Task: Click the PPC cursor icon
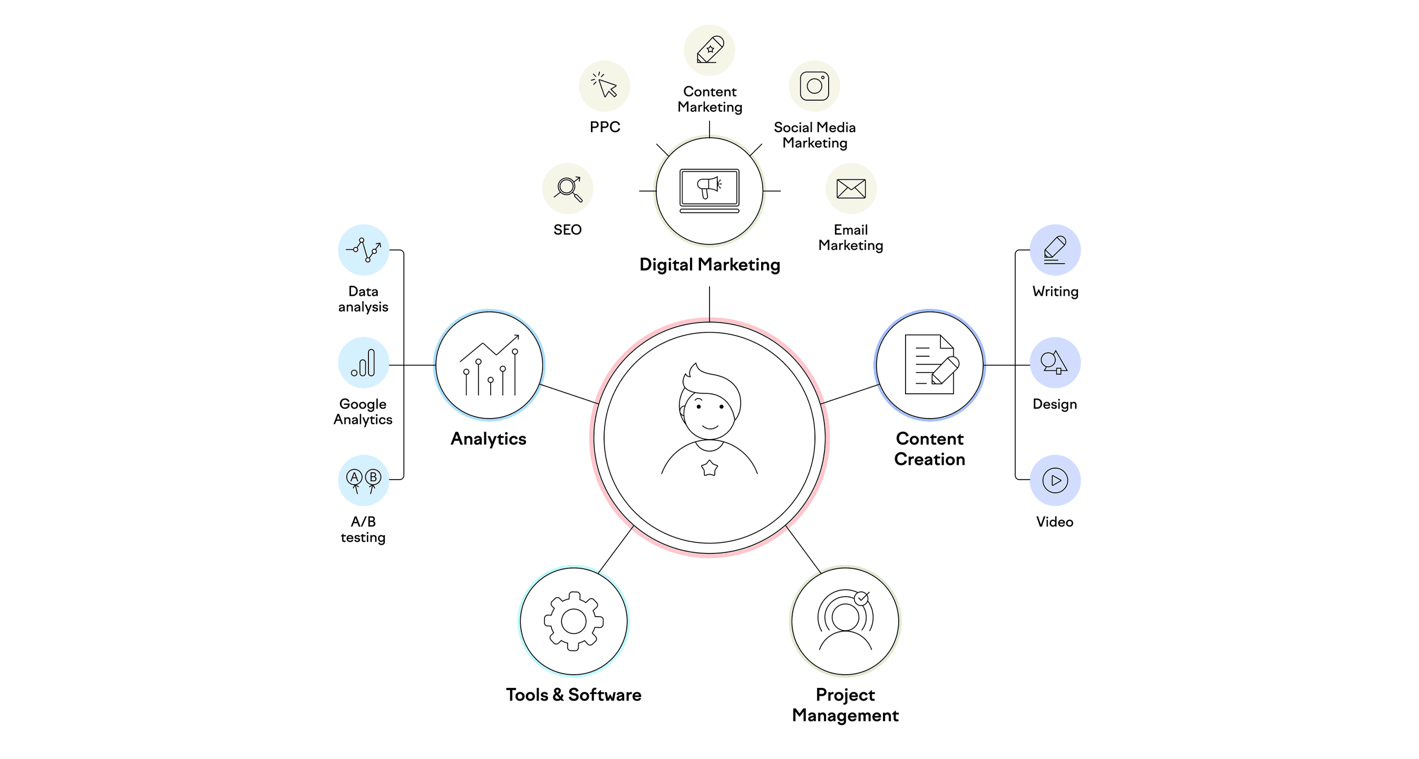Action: pyautogui.click(x=604, y=85)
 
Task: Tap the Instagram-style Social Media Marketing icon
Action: pyautogui.click(x=814, y=86)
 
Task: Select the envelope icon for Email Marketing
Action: pyautogui.click(x=851, y=188)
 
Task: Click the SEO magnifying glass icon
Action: pyautogui.click(x=568, y=188)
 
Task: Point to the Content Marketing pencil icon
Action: pyautogui.click(x=709, y=50)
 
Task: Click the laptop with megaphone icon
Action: pyautogui.click(x=709, y=191)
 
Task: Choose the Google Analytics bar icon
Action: pyautogui.click(x=364, y=363)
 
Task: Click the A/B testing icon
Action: pyautogui.click(x=364, y=480)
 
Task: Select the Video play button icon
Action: pyautogui.click(x=1055, y=480)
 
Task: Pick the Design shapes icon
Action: pyautogui.click(x=1054, y=363)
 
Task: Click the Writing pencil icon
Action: pyautogui.click(x=1054, y=249)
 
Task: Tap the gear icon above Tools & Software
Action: pyautogui.click(x=574, y=621)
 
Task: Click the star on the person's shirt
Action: pyautogui.click(x=709, y=468)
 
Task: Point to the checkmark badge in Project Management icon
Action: pyautogui.click(x=861, y=598)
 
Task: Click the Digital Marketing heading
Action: pyautogui.click(x=709, y=265)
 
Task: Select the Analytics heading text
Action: pyautogui.click(x=489, y=439)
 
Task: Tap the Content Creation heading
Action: pyautogui.click(x=929, y=449)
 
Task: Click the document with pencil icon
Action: pyautogui.click(x=931, y=364)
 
